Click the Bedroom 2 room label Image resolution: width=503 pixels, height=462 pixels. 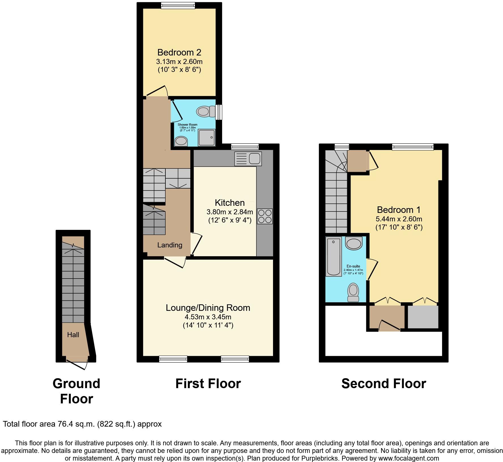click(x=179, y=52)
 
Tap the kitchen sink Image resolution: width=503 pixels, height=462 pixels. click(x=248, y=159)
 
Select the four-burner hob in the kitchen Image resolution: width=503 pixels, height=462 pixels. click(x=265, y=216)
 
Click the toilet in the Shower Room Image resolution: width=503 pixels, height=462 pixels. click(x=206, y=111)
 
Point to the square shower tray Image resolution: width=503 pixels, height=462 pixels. click(x=207, y=138)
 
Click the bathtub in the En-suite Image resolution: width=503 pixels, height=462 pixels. click(x=334, y=257)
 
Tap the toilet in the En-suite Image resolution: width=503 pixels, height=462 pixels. click(x=353, y=292)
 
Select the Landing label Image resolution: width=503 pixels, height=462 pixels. click(x=170, y=245)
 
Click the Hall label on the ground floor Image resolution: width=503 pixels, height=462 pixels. click(x=73, y=335)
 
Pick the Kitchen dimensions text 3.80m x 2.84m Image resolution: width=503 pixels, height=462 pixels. click(x=230, y=212)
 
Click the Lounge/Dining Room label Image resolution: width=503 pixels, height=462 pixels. click(x=208, y=308)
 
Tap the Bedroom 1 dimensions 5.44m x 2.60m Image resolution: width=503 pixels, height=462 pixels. click(x=399, y=219)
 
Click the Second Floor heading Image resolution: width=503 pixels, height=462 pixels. click(x=383, y=384)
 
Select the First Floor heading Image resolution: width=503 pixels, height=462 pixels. click(x=208, y=384)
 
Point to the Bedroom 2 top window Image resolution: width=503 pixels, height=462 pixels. click(x=178, y=5)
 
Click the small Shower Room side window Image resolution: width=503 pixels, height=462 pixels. click(x=219, y=112)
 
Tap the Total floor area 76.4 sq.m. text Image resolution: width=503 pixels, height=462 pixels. click(x=82, y=424)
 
